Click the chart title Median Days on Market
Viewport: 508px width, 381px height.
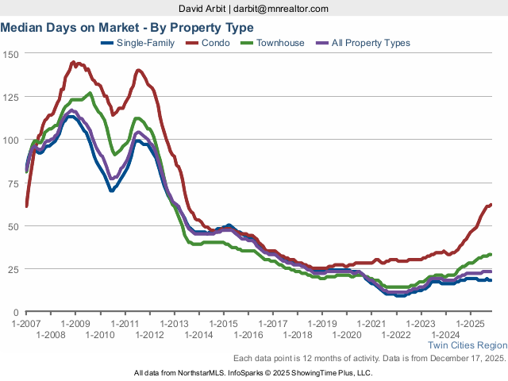click(x=127, y=28)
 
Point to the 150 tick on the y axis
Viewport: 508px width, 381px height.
click(x=11, y=54)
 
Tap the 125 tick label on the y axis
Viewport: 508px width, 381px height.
click(x=11, y=97)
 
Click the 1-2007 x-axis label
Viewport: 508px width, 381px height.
click(x=26, y=324)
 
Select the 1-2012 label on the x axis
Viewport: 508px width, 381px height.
click(x=149, y=335)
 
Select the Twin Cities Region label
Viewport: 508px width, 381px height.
click(x=467, y=345)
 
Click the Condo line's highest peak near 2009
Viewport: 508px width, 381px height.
click(x=73, y=61)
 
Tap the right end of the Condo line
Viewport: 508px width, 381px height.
click(x=491, y=205)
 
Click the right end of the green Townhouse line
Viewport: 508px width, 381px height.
click(x=491, y=254)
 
